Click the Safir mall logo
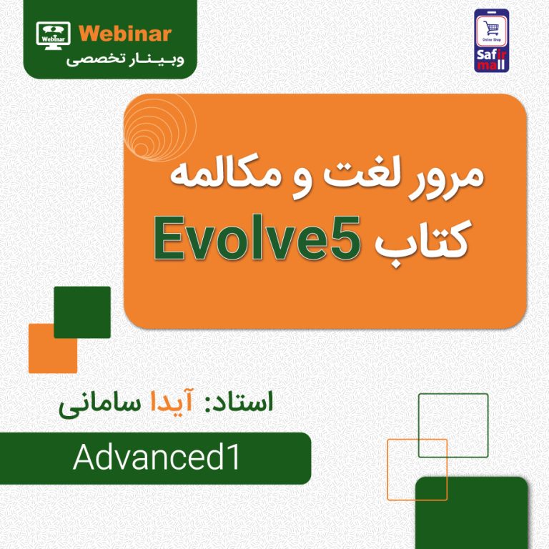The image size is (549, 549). [491, 41]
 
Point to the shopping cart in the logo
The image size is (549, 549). [491, 28]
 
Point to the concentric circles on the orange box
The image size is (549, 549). [159, 129]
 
